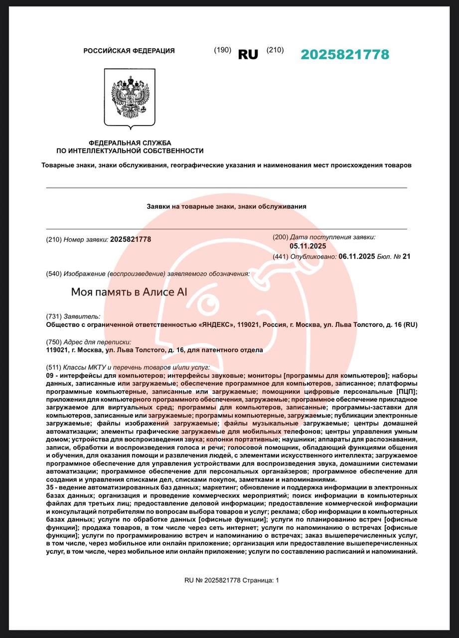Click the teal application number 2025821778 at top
click(344, 55)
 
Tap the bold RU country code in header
click(248, 55)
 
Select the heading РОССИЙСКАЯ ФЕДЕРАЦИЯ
click(129, 51)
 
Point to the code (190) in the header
click(222, 50)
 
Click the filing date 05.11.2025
click(307, 246)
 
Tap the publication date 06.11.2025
click(356, 257)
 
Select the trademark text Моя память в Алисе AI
click(129, 292)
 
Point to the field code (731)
click(54, 317)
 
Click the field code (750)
click(54, 342)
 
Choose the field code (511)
click(54, 367)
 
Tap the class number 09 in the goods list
click(49, 375)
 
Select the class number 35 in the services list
click(49, 487)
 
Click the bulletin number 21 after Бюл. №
click(406, 257)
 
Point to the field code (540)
click(54, 274)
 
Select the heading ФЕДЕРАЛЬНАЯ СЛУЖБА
click(130, 143)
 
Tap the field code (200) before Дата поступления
click(281, 237)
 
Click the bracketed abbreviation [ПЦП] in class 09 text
click(407, 391)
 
